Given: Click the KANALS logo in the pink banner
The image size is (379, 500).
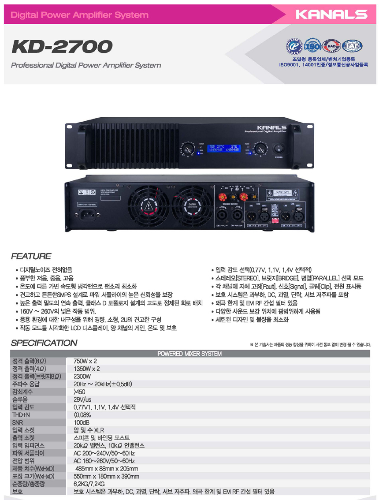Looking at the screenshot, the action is [x=331, y=15].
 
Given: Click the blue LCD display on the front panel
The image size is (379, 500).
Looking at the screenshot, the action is [x=223, y=148].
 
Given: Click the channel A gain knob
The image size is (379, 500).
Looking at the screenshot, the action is [x=189, y=148].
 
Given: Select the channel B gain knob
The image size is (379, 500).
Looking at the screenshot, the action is [x=260, y=148].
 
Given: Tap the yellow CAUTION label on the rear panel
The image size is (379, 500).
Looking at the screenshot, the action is [x=192, y=205].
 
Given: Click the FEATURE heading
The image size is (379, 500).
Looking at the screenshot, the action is [x=31, y=256].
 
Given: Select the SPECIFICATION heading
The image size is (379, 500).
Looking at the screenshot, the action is [x=44, y=343].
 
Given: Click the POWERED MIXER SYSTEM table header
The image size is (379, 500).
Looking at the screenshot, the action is [x=189, y=354].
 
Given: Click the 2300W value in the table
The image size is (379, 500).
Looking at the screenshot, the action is [x=82, y=377].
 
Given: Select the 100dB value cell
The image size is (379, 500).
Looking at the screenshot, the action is [x=82, y=422].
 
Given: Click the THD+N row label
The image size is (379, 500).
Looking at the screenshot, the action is [x=21, y=414].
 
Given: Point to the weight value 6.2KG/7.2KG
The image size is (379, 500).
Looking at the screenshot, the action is [x=92, y=484].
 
